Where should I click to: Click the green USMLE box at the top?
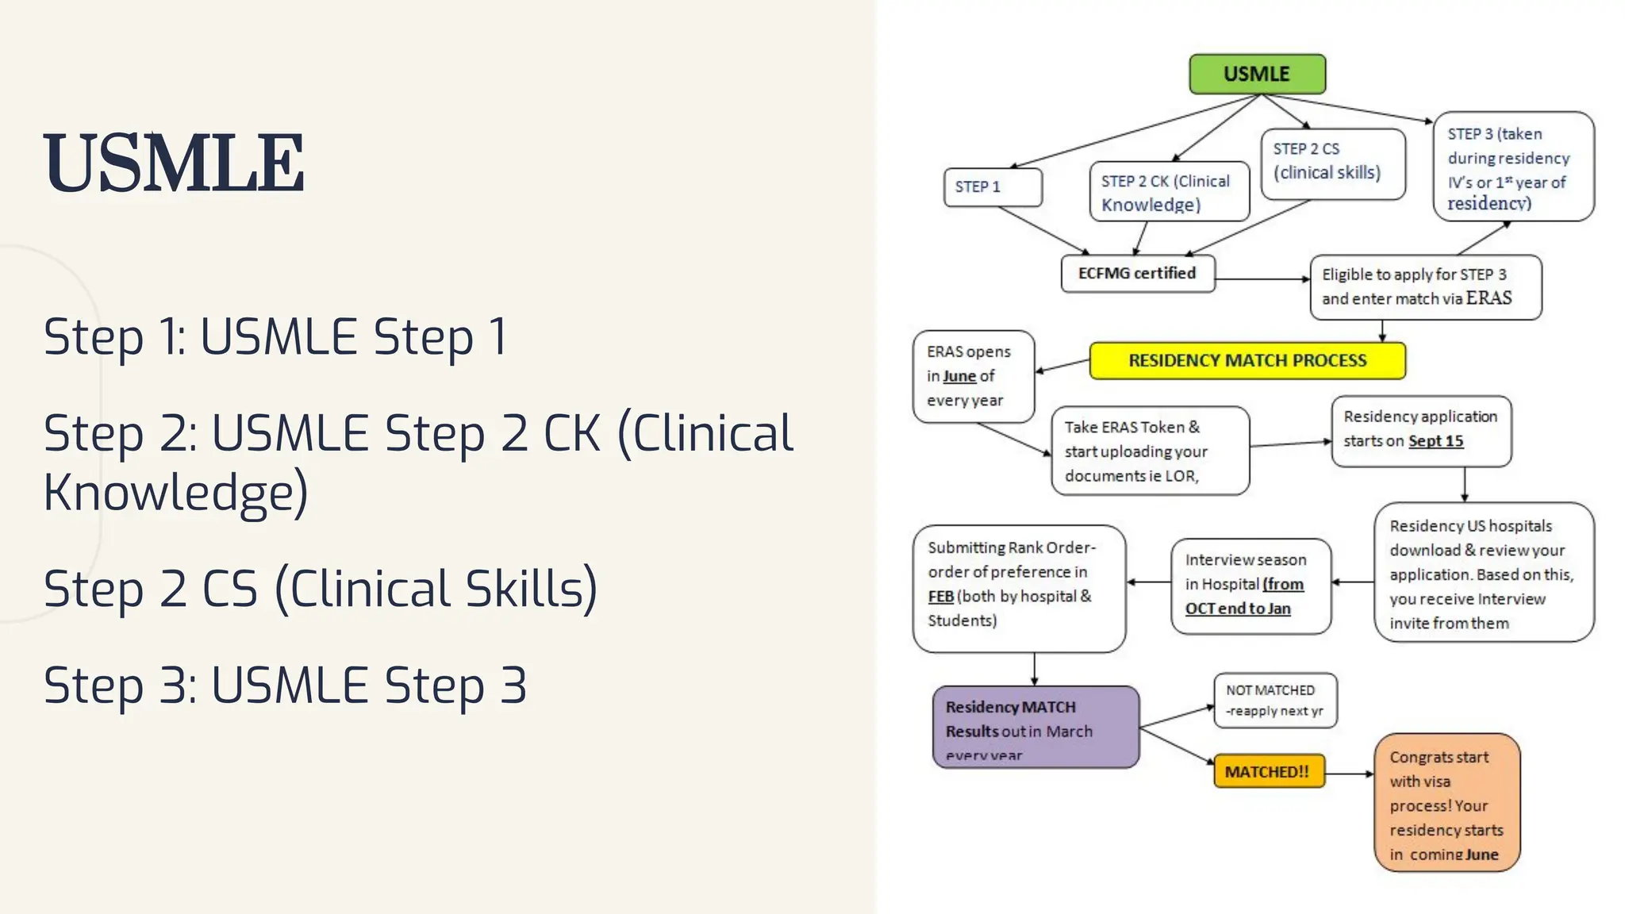(1257, 74)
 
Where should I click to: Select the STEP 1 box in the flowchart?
(992, 187)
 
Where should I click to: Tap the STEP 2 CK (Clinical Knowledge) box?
(1169, 192)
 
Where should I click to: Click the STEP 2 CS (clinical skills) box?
(1332, 162)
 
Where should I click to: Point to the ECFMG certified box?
(1137, 273)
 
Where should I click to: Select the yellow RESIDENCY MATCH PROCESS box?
(1247, 361)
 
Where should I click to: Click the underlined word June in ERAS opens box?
(959, 376)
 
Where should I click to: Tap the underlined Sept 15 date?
(1435, 441)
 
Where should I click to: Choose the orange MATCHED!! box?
(1268, 771)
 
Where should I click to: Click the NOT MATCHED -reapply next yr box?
(1274, 701)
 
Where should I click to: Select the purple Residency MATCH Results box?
(1035, 727)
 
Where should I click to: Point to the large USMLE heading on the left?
(174, 163)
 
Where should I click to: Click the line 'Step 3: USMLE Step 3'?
(285, 685)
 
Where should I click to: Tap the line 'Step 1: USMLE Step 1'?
(275, 336)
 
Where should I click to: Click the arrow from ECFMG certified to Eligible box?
(1262, 279)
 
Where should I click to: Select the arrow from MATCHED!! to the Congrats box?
(1349, 774)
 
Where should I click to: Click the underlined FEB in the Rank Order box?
(940, 597)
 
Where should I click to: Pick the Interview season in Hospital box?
(1250, 586)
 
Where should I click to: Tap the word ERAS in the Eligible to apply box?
(1489, 298)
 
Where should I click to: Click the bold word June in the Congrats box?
(1481, 854)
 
